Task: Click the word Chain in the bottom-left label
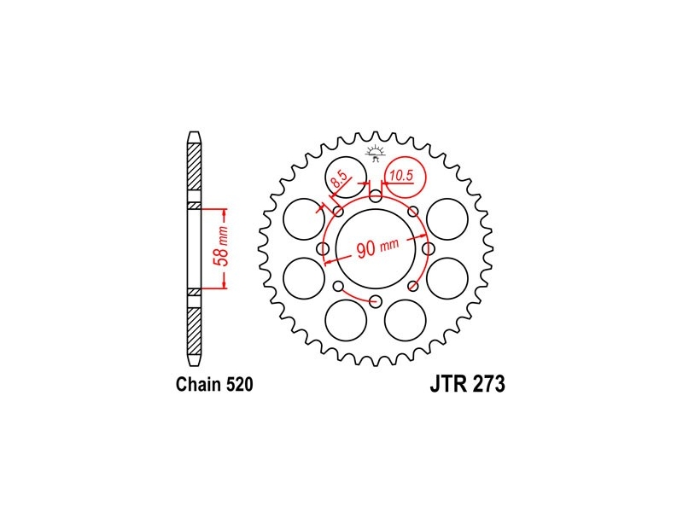tap(199, 385)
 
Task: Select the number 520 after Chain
tap(239, 385)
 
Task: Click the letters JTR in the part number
tap(449, 384)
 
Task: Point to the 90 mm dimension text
tap(377, 247)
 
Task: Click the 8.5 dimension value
tap(340, 178)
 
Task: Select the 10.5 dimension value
tap(401, 176)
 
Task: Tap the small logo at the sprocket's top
tap(375, 154)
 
